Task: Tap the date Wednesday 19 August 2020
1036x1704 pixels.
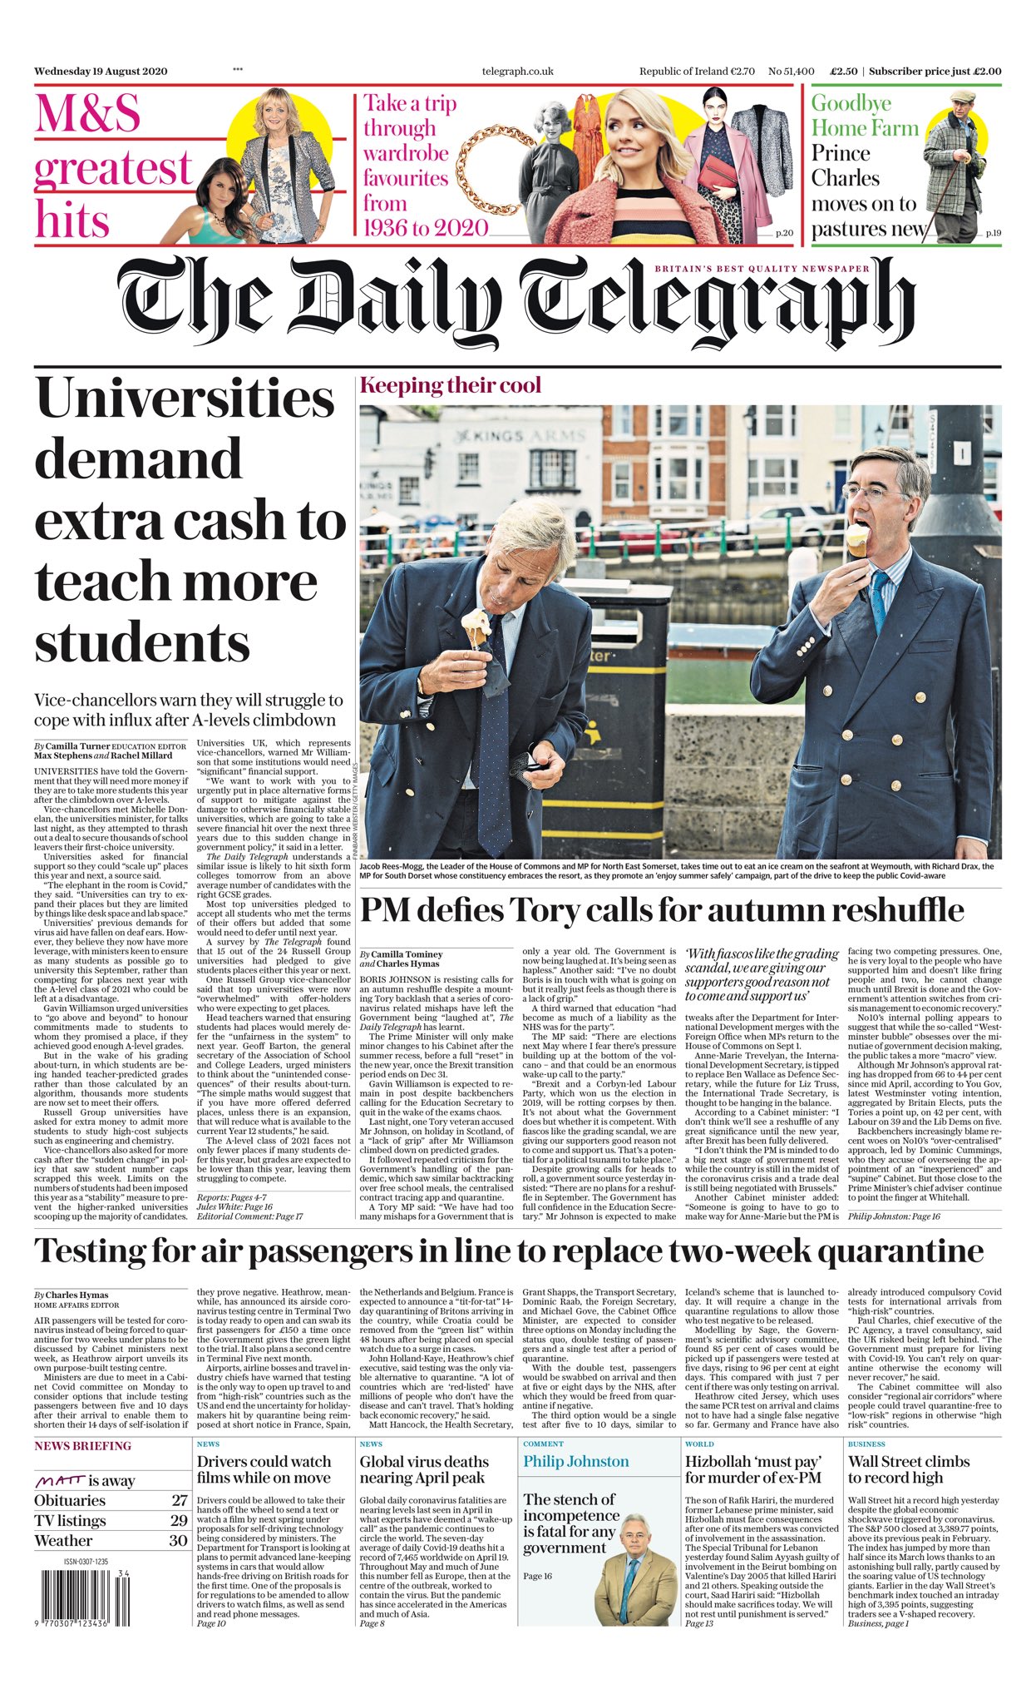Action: click(x=101, y=72)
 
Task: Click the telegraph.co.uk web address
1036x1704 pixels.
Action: click(x=517, y=72)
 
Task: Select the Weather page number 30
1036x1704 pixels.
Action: click(x=179, y=1540)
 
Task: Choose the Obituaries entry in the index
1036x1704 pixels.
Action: click(x=70, y=1500)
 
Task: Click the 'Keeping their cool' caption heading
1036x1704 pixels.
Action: click(x=450, y=385)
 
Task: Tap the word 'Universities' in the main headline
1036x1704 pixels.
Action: click(x=185, y=399)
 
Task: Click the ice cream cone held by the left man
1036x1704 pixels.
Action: click(x=476, y=627)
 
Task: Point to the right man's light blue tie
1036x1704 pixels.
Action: click(x=879, y=599)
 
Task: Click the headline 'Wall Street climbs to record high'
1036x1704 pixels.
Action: click(x=908, y=1469)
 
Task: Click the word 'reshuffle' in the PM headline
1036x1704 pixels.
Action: click(x=888, y=909)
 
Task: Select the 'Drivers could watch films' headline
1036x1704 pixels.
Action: click(x=264, y=1469)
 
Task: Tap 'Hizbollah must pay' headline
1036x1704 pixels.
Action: click(x=753, y=1469)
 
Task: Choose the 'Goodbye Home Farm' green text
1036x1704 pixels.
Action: click(x=865, y=116)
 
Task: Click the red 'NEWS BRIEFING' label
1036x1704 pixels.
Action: click(x=82, y=1446)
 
